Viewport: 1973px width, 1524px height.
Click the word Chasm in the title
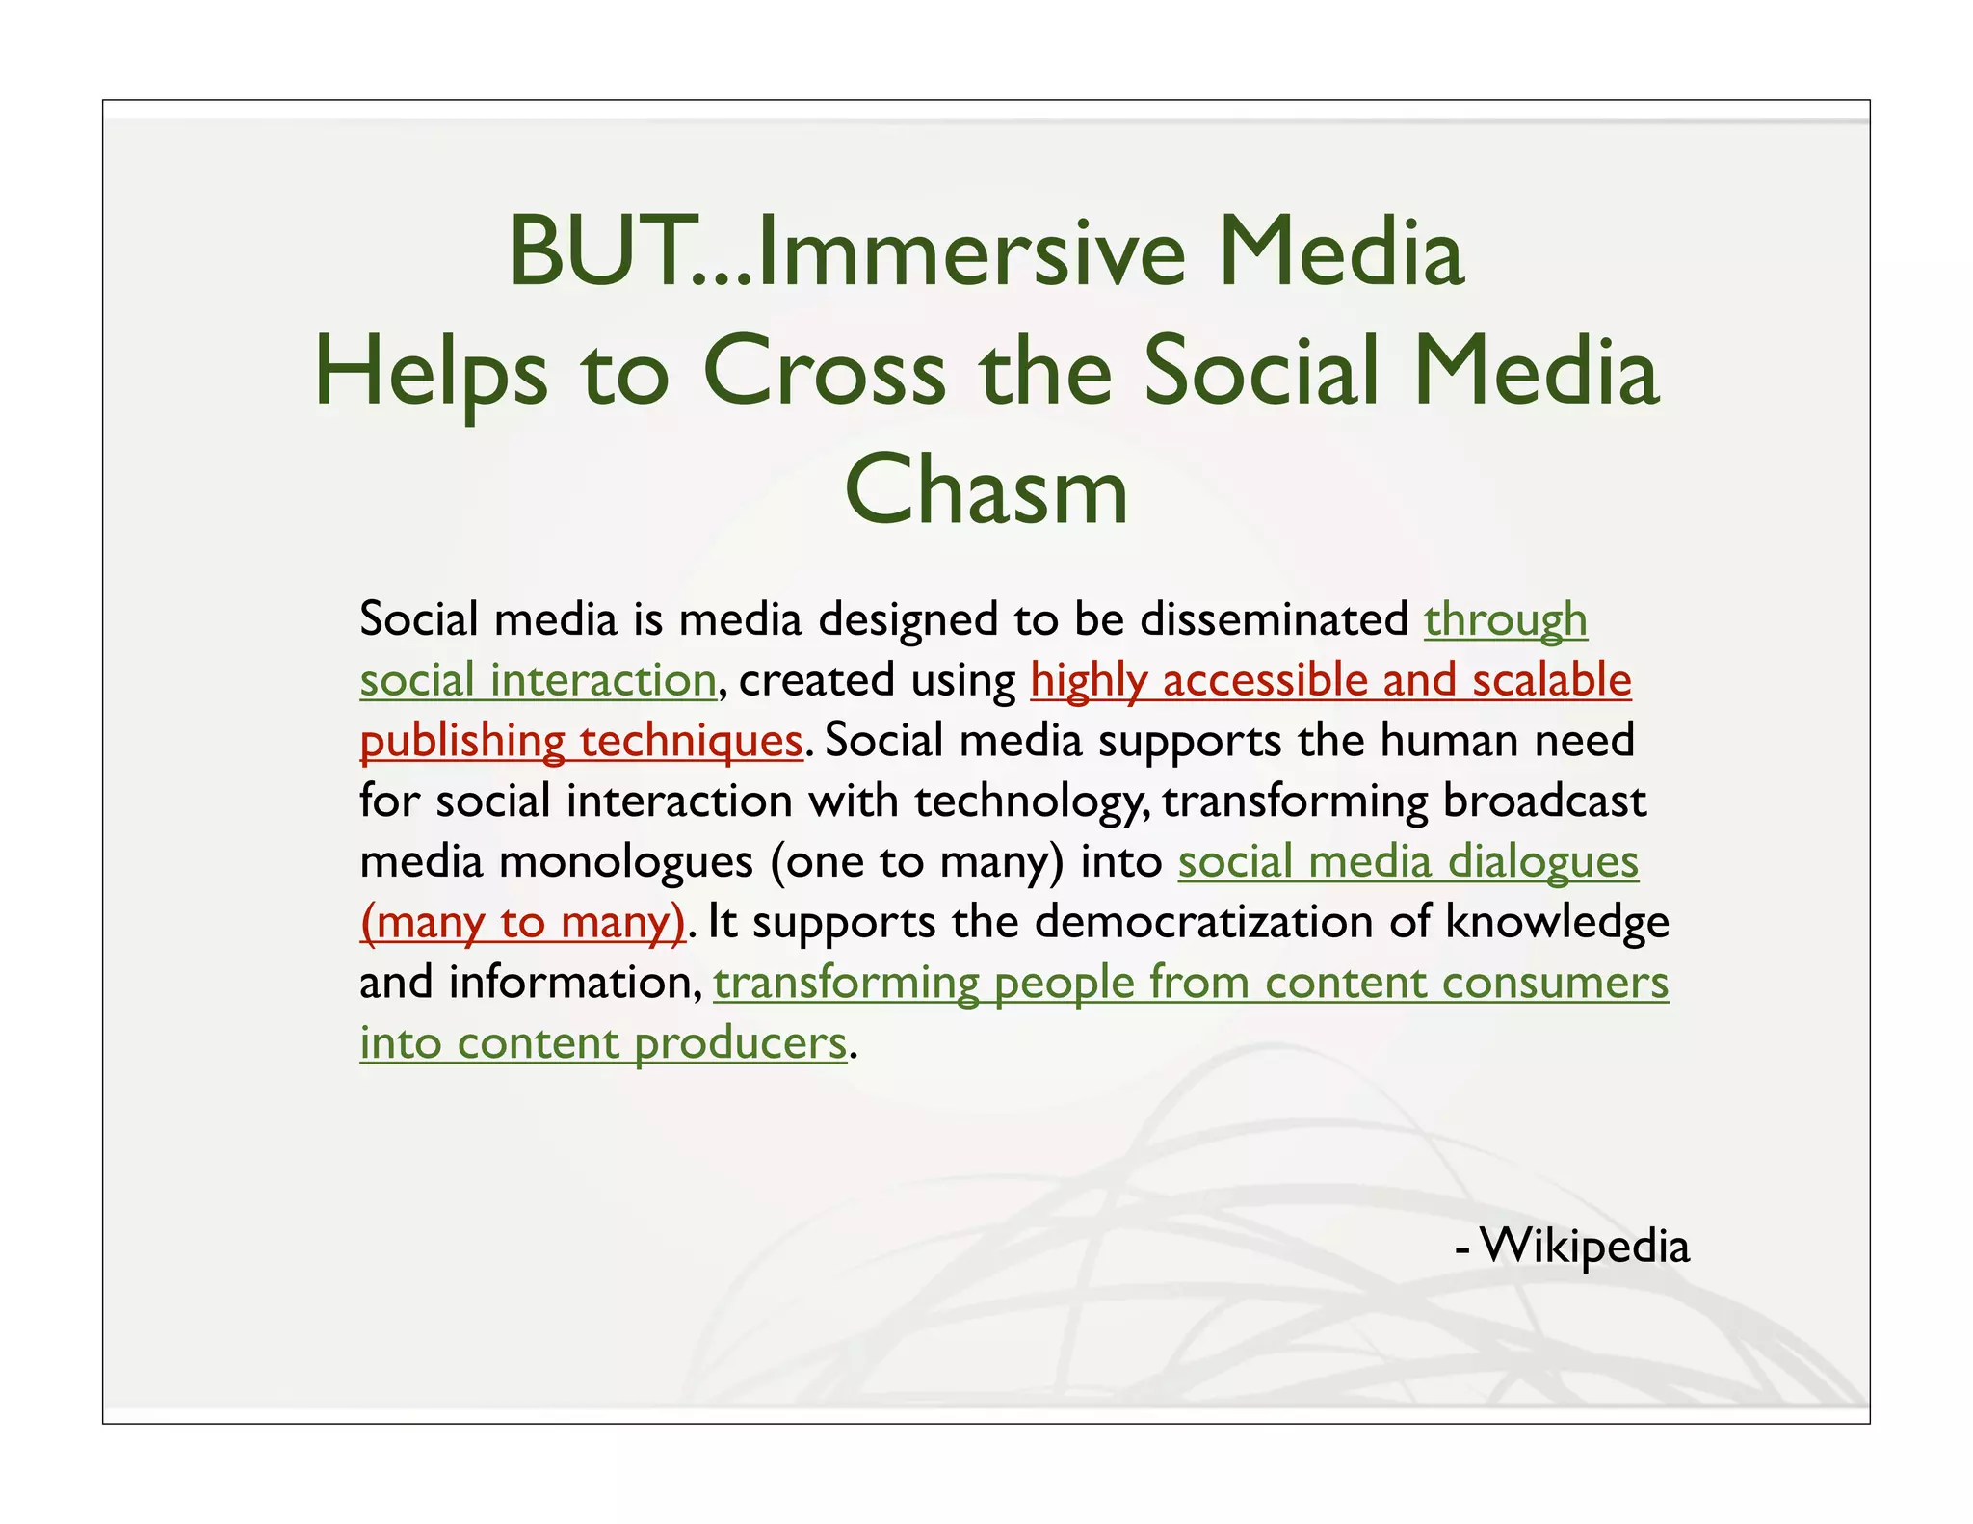click(986, 490)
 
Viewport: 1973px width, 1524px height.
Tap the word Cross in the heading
click(825, 373)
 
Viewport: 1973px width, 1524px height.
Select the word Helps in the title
click(431, 373)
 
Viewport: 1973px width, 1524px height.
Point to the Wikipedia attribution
click(1584, 1245)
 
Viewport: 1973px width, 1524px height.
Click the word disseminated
click(1275, 619)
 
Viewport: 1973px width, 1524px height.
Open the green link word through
click(1506, 619)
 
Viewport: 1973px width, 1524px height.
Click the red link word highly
click(1089, 680)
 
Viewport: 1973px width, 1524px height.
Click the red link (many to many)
click(522, 923)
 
